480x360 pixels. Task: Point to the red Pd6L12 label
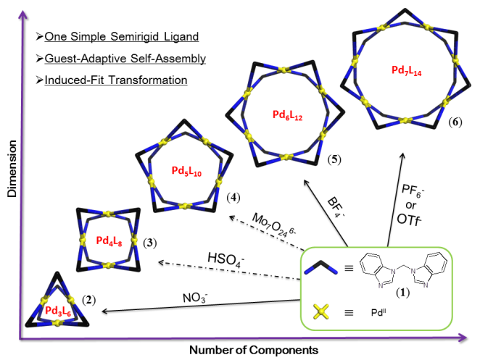pos(276,115)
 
